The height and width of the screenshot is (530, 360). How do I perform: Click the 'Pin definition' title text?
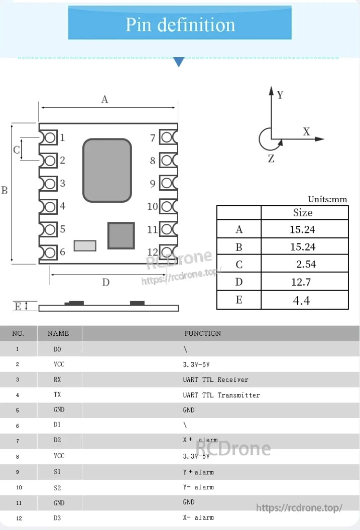click(180, 24)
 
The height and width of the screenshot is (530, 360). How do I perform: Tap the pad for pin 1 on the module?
click(49, 138)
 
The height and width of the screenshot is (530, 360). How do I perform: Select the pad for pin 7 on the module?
click(168, 138)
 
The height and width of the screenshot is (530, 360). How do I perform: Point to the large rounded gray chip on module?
click(107, 171)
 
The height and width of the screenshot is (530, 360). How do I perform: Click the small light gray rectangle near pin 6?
click(85, 246)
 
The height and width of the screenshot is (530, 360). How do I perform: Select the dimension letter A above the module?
click(104, 99)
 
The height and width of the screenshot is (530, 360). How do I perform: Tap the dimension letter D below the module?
click(105, 283)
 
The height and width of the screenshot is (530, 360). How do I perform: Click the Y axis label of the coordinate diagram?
click(280, 95)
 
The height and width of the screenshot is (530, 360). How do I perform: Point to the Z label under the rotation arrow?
click(271, 159)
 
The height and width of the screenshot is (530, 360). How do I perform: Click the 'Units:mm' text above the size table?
click(327, 199)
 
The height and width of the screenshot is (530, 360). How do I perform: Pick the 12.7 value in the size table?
click(301, 282)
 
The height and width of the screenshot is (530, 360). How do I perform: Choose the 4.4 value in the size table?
click(301, 301)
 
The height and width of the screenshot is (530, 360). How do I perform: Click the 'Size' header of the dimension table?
click(303, 212)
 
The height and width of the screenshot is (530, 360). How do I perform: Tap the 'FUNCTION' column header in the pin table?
click(202, 333)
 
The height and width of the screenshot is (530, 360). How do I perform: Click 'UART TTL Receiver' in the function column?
click(215, 380)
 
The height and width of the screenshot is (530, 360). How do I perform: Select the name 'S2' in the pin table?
click(57, 487)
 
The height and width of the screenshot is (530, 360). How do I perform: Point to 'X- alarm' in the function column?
click(198, 517)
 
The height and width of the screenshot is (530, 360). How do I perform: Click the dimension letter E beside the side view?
click(18, 307)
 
